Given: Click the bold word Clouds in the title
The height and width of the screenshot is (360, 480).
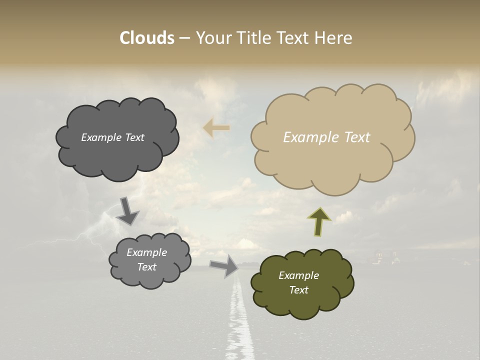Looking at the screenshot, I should coord(147,38).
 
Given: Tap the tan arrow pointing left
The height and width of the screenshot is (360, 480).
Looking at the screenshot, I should coord(216,128).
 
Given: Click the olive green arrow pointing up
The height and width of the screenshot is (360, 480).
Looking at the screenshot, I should coord(318,221).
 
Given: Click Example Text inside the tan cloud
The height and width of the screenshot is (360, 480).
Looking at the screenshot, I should coord(326,137).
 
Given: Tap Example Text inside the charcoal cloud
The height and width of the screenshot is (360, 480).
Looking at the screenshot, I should coord(112,137).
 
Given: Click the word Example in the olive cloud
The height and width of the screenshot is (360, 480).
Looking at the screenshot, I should coord(298,275).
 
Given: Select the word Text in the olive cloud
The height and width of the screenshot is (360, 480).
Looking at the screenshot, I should coord(298,290).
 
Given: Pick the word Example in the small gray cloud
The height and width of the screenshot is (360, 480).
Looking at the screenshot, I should coord(146,252).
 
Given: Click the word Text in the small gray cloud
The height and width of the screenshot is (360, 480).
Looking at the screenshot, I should coord(146,267).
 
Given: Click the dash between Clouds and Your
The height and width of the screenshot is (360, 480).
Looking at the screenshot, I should coord(184,38).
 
